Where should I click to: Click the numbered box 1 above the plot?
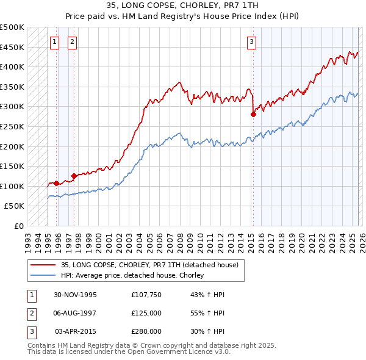pos(55,42)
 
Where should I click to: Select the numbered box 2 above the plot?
pos(72,42)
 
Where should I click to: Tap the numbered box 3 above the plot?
pos(251,42)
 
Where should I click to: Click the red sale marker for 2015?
pos(253,114)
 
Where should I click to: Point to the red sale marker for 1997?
pos(74,176)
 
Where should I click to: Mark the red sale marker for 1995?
pos(57,183)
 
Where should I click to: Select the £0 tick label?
pos(19,226)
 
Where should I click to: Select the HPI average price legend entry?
pos(132,276)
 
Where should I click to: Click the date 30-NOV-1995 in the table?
pos(75,295)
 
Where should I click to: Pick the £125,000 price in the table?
pos(146,313)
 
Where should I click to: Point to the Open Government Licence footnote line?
pos(129,352)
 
